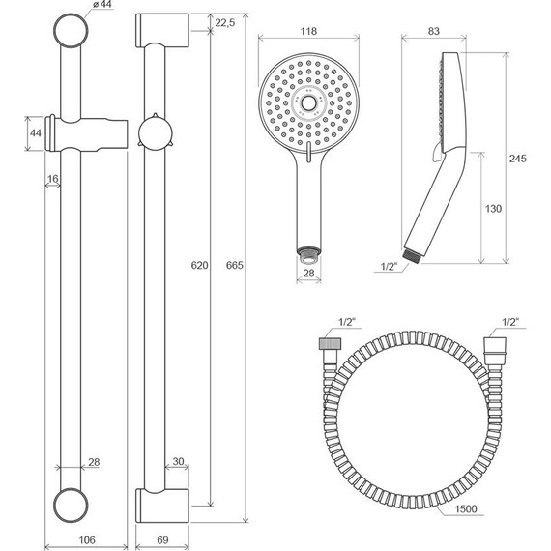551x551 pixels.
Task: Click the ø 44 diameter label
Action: coord(102,5)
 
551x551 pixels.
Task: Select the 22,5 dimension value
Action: coord(225,23)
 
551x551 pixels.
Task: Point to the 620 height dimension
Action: coord(199,265)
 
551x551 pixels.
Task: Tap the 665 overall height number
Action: coord(234,265)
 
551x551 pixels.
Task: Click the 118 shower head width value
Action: coord(308,31)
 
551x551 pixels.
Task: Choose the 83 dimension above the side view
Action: coord(434,31)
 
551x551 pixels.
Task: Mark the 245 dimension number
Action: coord(518,159)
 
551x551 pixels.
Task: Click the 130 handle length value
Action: coord(493,209)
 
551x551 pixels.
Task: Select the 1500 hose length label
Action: coord(466,508)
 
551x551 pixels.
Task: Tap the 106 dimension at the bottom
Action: coord(86,539)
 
